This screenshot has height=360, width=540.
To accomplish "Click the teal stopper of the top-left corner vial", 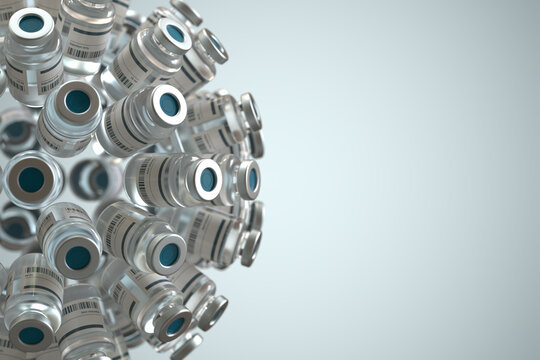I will point(31,23).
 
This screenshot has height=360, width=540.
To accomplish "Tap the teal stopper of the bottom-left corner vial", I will point(31,335).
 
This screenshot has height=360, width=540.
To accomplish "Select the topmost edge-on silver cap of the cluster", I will point(186,12).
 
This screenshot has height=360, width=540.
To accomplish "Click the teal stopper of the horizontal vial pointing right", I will point(208,179).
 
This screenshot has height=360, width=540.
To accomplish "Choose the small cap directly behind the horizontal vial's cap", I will point(248,179).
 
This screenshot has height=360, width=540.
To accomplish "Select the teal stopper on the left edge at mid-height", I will point(31,179).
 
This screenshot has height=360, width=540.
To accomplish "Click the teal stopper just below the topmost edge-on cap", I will point(176,34).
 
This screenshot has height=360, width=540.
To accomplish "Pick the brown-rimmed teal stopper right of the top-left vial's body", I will point(77,101).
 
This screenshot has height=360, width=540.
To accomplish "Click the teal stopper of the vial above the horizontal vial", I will point(169,104).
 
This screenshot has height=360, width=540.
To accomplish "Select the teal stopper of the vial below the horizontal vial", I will point(169,254).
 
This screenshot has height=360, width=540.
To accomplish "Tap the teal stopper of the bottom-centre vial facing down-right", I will point(176,325).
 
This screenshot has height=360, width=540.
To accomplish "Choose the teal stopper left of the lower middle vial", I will point(77,257).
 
